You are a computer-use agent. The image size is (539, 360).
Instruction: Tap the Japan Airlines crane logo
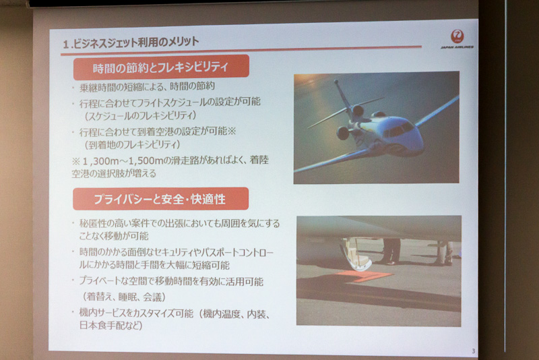coord(457,36)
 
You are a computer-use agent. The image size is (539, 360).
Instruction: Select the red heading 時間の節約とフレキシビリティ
coord(162,67)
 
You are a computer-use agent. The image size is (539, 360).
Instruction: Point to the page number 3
coord(473,350)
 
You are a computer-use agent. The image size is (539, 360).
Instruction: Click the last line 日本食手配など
coord(111,326)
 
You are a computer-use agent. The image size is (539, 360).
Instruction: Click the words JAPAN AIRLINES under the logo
coord(457,47)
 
